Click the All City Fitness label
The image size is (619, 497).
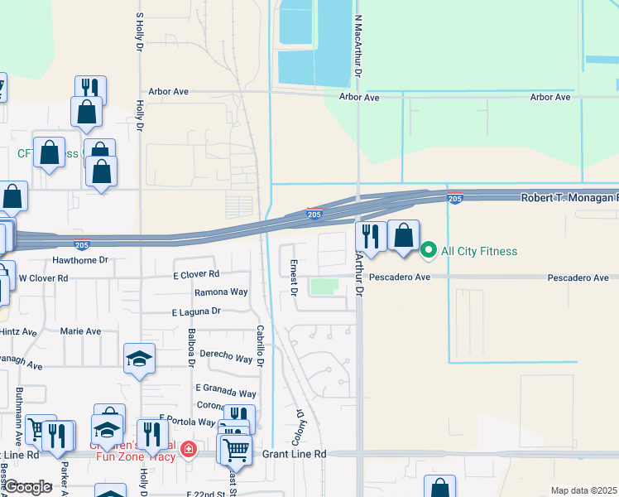click(479, 251)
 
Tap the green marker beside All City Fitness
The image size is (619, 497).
click(428, 249)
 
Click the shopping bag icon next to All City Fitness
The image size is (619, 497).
click(404, 235)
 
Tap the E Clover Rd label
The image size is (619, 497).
click(196, 274)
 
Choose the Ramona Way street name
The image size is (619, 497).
click(221, 292)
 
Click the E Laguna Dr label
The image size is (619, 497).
click(196, 311)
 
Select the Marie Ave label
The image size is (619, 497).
click(80, 331)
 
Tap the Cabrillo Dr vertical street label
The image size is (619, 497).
click(259, 345)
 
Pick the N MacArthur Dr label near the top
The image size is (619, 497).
click(359, 46)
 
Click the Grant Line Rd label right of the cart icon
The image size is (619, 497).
click(295, 454)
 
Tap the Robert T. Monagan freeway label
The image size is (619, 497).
click(569, 199)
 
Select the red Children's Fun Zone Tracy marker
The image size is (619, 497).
click(189, 449)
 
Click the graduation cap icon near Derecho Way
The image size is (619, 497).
click(139, 359)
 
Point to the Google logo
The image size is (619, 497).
click(27, 487)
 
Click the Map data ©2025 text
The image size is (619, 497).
click(583, 490)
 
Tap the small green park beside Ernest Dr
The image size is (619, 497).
click(324, 287)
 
